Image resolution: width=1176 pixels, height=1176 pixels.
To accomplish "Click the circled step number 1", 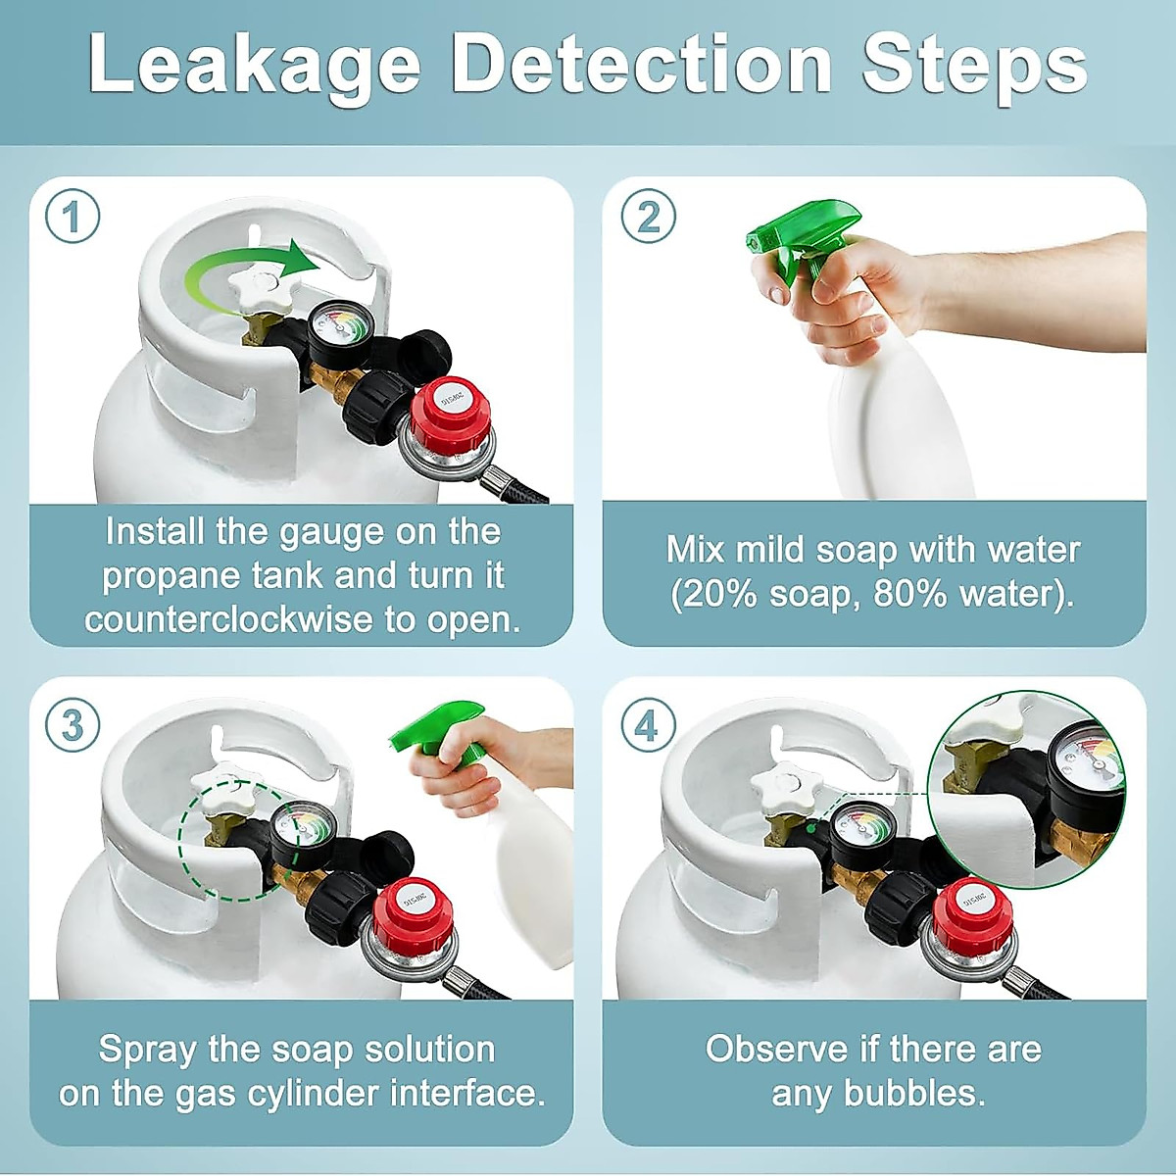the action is [73, 217].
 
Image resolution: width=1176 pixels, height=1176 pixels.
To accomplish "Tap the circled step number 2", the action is [648, 216].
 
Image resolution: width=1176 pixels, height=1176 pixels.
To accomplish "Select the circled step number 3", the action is [73, 726].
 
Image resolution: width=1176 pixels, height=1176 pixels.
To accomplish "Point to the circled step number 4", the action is [648, 726].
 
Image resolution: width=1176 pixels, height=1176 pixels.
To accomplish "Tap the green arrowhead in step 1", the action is [303, 258].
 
